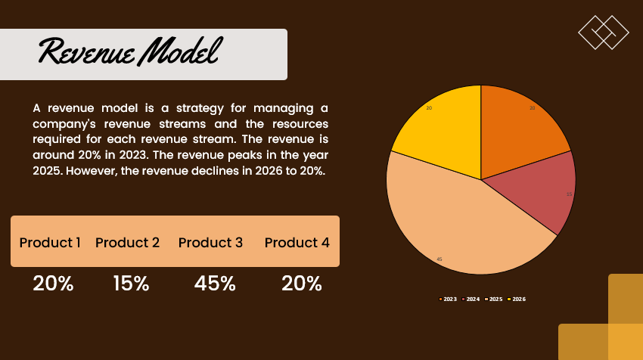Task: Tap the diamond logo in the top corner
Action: [x=604, y=32]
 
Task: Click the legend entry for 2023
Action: [x=448, y=299]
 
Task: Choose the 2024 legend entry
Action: [x=471, y=299]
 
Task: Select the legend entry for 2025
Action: [x=493, y=299]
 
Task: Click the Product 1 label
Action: [x=50, y=243]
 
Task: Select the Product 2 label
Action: [x=127, y=243]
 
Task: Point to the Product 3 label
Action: [x=210, y=243]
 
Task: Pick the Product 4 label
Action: [x=297, y=243]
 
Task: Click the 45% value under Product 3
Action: [x=215, y=284]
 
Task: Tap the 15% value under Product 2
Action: [x=131, y=284]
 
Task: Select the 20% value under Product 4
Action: [x=302, y=284]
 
